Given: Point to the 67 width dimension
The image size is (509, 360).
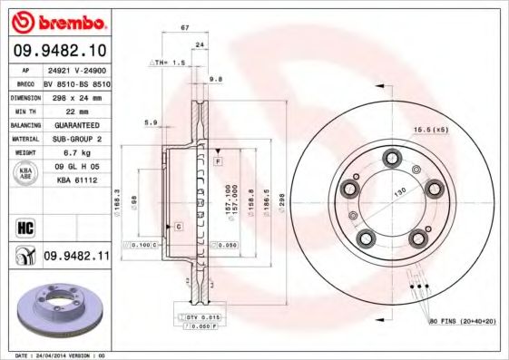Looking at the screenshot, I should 185,28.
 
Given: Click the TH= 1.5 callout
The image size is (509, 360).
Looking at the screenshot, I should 169,63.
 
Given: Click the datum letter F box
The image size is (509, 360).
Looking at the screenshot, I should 219,161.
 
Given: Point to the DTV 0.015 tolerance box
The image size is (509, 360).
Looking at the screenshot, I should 203,316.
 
